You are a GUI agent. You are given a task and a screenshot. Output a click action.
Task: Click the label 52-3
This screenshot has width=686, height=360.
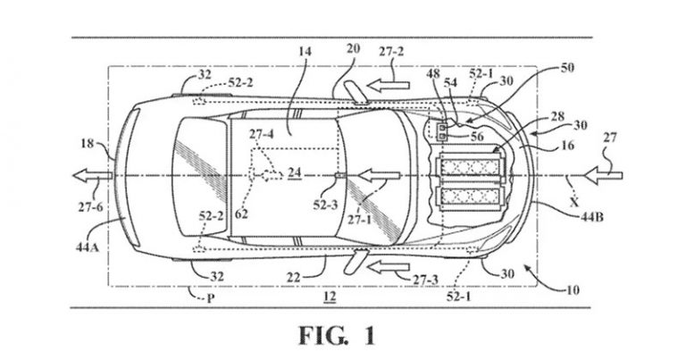pyautogui.click(x=325, y=205)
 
